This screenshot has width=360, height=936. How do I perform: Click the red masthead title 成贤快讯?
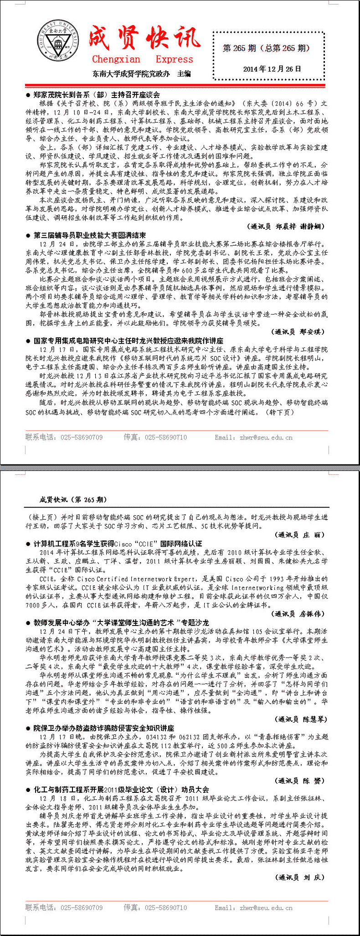click(x=144, y=37)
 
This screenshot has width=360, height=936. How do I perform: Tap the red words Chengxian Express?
click(x=142, y=59)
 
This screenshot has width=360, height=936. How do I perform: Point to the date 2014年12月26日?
click(x=272, y=69)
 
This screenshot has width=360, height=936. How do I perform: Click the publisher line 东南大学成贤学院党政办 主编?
click(x=141, y=74)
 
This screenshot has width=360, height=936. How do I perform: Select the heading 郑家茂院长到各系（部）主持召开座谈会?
click(x=96, y=95)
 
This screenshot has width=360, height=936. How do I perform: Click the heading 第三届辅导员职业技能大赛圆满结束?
click(x=89, y=235)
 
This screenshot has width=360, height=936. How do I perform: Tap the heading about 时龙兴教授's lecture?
click(x=128, y=341)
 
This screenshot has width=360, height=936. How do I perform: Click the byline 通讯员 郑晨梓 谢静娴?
click(x=287, y=226)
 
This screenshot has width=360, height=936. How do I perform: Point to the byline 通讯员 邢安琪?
click(x=298, y=331)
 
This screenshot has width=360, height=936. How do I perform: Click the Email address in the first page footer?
click(x=254, y=437)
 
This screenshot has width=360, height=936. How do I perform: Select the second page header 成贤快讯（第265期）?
click(x=73, y=500)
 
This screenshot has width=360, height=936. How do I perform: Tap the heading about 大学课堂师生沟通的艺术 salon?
click(x=121, y=623)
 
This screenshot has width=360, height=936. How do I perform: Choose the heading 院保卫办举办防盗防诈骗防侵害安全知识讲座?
click(x=103, y=728)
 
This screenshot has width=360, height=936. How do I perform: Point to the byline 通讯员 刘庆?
click(x=301, y=877)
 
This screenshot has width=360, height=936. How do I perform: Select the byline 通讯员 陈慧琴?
click(x=301, y=719)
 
